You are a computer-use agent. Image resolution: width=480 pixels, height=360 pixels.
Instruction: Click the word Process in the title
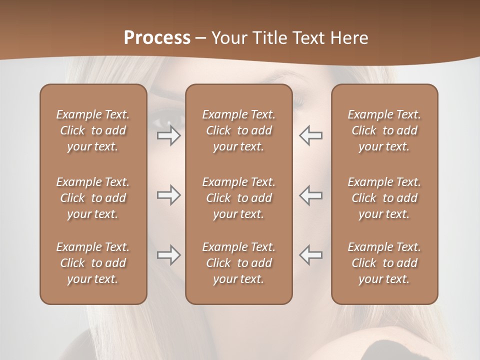coord(157,37)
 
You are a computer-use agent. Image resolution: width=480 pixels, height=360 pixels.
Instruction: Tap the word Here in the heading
coord(348,37)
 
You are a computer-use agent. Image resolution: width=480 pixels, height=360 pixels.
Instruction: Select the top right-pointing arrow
coord(168,135)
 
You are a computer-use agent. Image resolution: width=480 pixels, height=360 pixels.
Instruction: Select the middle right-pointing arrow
coord(168,195)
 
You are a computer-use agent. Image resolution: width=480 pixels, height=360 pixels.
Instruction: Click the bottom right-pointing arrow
coord(168,255)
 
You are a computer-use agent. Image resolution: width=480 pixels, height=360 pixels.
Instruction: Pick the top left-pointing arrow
coord(311,135)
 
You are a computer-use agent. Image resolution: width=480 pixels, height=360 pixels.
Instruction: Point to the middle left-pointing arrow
coord(311,195)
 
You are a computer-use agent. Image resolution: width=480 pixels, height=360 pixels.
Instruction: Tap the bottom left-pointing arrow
coord(311,255)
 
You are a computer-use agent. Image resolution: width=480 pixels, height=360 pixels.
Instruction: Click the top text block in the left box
coord(93,130)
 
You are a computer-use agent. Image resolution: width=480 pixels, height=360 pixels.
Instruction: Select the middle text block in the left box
coord(93,198)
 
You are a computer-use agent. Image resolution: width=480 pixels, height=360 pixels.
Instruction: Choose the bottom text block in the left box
coord(93,263)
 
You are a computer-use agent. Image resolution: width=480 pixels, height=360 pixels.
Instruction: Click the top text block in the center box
coord(238,130)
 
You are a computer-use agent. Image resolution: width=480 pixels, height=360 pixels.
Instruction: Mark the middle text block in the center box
coord(238,198)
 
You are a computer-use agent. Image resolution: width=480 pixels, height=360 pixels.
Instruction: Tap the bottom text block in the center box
coord(238,263)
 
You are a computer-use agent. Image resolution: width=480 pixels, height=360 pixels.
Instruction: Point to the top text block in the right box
coord(384,130)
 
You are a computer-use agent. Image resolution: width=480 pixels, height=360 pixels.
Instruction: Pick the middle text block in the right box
coord(384,198)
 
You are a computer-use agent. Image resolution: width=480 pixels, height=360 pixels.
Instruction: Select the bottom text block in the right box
coord(384,263)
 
